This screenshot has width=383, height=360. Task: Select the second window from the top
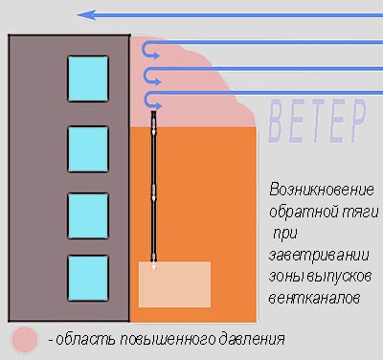[x=88, y=148]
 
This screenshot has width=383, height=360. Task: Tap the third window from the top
[x=88, y=215]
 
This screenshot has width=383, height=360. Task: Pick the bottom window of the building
[x=88, y=278]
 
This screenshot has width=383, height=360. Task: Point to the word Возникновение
[x=319, y=189]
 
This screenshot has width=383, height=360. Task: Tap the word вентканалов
[x=312, y=298]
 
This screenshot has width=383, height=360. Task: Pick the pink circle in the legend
[x=25, y=338]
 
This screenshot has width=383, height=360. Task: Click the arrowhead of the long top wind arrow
[x=84, y=14]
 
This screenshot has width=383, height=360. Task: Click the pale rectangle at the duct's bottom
[x=174, y=283]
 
